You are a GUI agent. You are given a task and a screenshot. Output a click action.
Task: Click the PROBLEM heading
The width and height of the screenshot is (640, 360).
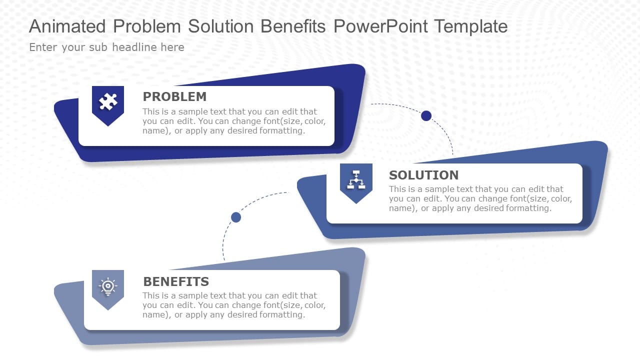pyautogui.click(x=174, y=96)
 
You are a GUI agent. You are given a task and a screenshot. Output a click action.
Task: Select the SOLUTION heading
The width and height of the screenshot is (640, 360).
pyautogui.click(x=423, y=175)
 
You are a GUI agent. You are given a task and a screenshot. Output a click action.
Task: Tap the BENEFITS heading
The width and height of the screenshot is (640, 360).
pyautogui.click(x=176, y=281)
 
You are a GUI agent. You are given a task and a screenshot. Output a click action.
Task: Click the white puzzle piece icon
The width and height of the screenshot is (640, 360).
pyautogui.click(x=108, y=102)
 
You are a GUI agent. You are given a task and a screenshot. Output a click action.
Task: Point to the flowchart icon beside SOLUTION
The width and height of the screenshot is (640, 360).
pyautogui.click(x=356, y=179)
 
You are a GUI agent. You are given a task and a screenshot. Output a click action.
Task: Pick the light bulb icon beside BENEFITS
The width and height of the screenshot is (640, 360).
pyautogui.click(x=108, y=286)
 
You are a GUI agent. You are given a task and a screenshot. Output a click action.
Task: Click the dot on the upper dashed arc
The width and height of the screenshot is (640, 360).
pyautogui.click(x=426, y=115)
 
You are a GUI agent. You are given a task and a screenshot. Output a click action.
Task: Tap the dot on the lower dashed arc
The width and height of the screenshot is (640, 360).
pyautogui.click(x=236, y=217)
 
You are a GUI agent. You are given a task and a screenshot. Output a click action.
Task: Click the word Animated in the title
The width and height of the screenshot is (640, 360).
pyautogui.click(x=67, y=26)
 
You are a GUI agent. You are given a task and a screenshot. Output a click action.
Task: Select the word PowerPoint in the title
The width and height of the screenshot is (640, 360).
pyautogui.click(x=380, y=26)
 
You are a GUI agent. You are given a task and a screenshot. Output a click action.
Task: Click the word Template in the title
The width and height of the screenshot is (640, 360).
pyautogui.click(x=470, y=26)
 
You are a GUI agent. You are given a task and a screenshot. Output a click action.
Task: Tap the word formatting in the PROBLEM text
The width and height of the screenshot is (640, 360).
pyautogui.click(x=282, y=131)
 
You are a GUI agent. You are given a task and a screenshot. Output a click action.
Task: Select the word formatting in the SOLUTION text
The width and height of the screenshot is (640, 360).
pyautogui.click(x=528, y=208)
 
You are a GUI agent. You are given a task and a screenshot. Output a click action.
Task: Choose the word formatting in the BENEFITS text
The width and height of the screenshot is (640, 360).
pyautogui.click(x=282, y=315)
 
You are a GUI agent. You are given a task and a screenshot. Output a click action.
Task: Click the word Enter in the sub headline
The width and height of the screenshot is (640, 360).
pyautogui.click(x=43, y=47)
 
